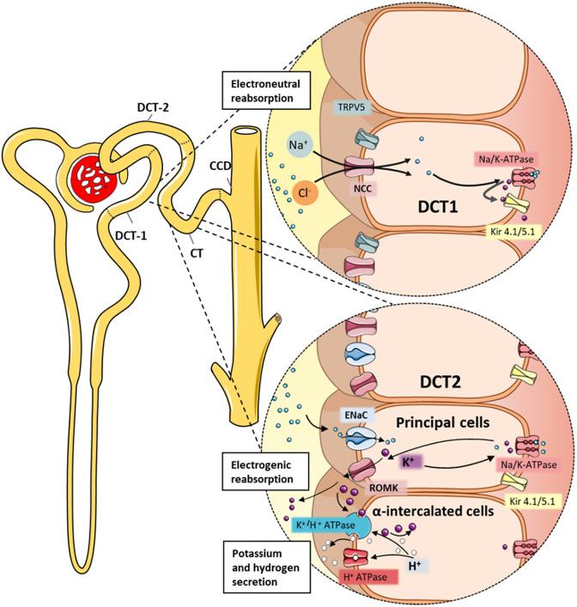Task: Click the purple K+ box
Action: [x=413, y=461]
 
